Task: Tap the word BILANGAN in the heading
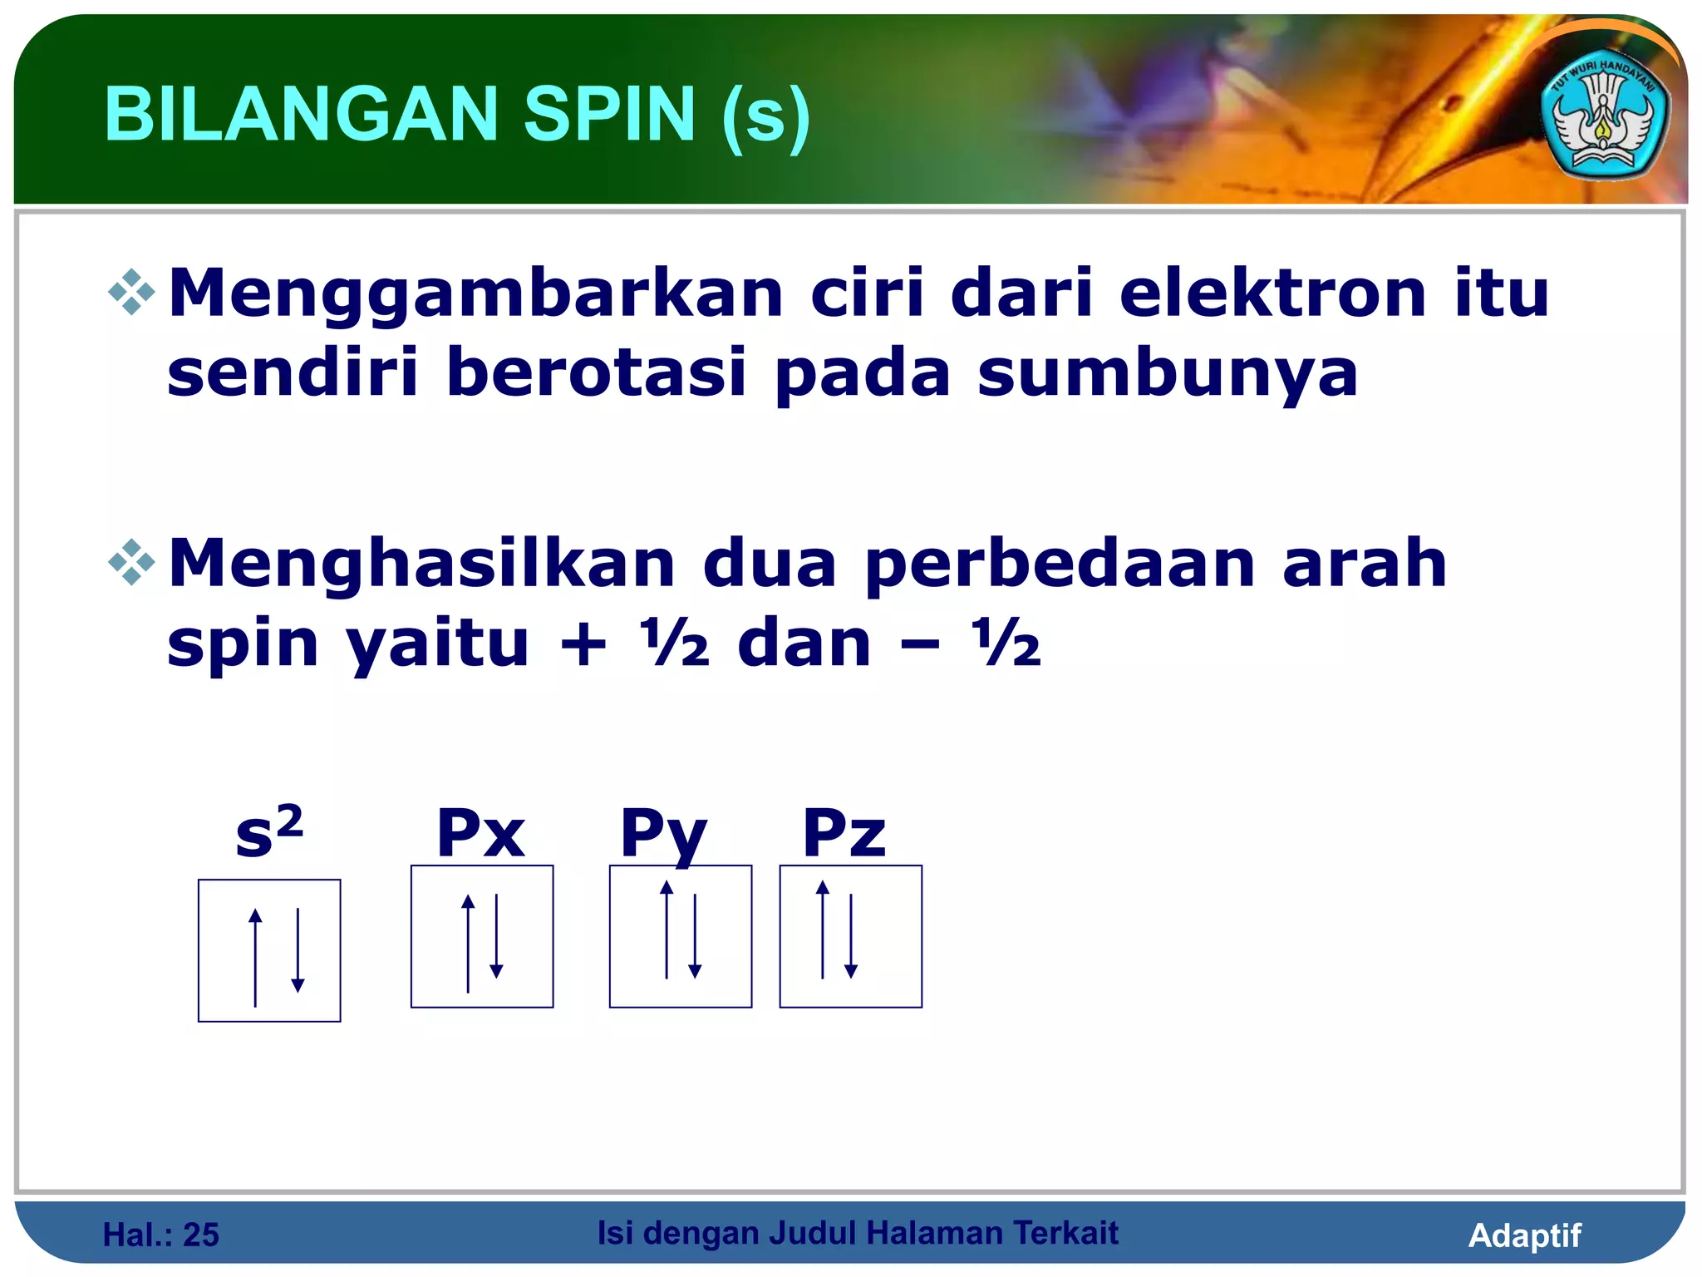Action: coord(300,115)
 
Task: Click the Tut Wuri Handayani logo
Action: coord(1604,121)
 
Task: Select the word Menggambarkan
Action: coord(476,295)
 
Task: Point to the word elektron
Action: coord(1273,293)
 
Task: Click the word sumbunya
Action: coord(1168,374)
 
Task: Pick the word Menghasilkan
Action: coord(422,564)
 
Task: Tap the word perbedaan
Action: coord(1060,565)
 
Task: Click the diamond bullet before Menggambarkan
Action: coord(132,293)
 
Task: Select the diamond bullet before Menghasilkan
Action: coord(132,563)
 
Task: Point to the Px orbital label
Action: coord(480,833)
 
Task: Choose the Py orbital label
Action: coord(663,835)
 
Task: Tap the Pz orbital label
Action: coord(844,833)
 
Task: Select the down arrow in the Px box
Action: coord(496,936)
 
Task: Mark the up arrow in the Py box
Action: coord(667,929)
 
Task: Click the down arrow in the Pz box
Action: coord(850,936)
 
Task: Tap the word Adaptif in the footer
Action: coord(1524,1235)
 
